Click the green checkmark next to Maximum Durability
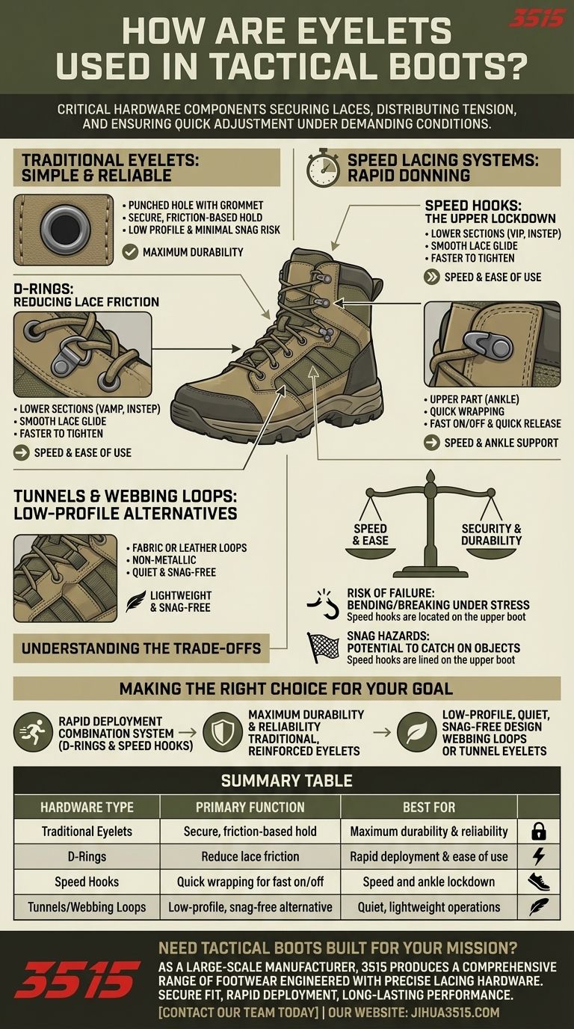click(130, 252)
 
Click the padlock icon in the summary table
click(538, 831)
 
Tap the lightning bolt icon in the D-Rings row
click(538, 856)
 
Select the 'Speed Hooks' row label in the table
click(87, 882)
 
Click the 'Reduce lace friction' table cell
click(250, 856)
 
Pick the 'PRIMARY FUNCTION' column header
click(250, 807)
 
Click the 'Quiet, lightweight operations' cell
click(429, 907)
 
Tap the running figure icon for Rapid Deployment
click(33, 732)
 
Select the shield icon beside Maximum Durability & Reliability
click(223, 732)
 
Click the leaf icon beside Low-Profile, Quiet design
click(416, 732)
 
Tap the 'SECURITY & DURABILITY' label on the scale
click(491, 534)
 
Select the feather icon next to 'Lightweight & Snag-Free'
click(136, 600)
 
